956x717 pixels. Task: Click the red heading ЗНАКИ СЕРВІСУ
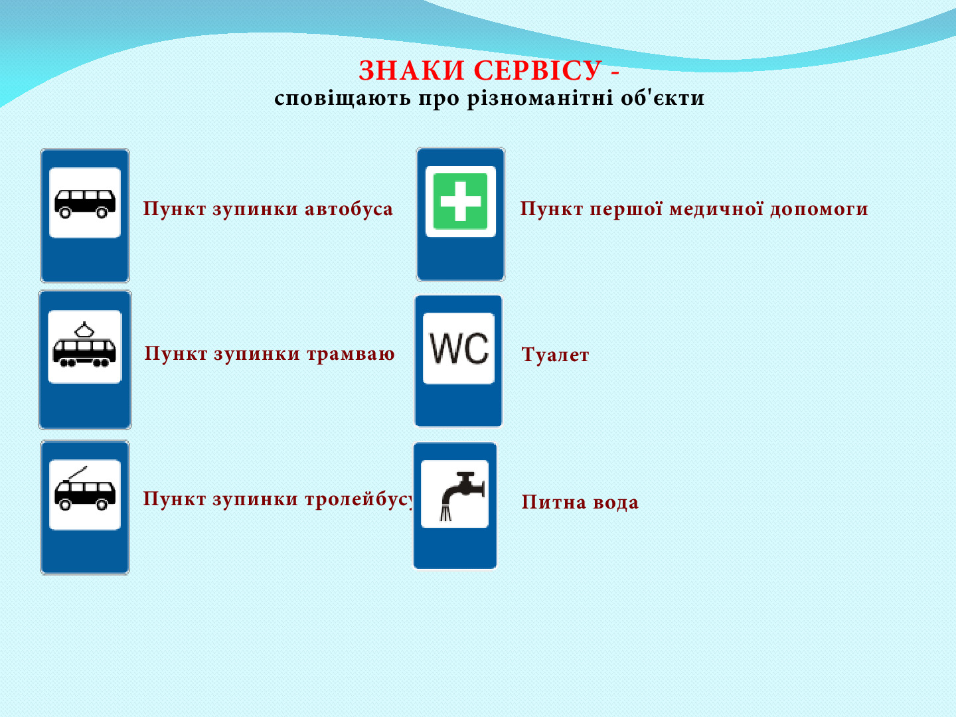(479, 70)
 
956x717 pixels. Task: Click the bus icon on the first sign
(85, 203)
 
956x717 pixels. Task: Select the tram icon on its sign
(84, 345)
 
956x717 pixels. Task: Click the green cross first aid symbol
(460, 201)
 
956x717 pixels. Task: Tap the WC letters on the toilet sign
(459, 348)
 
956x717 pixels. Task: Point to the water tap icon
(461, 496)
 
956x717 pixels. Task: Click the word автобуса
(349, 208)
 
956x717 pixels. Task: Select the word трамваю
(351, 353)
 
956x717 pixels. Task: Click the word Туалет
(555, 355)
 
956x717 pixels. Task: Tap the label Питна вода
(580, 502)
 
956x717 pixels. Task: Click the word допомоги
(819, 209)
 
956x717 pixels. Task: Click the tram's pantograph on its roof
(84, 329)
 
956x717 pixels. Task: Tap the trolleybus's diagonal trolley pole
(78, 473)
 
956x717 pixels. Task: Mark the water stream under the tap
(445, 513)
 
